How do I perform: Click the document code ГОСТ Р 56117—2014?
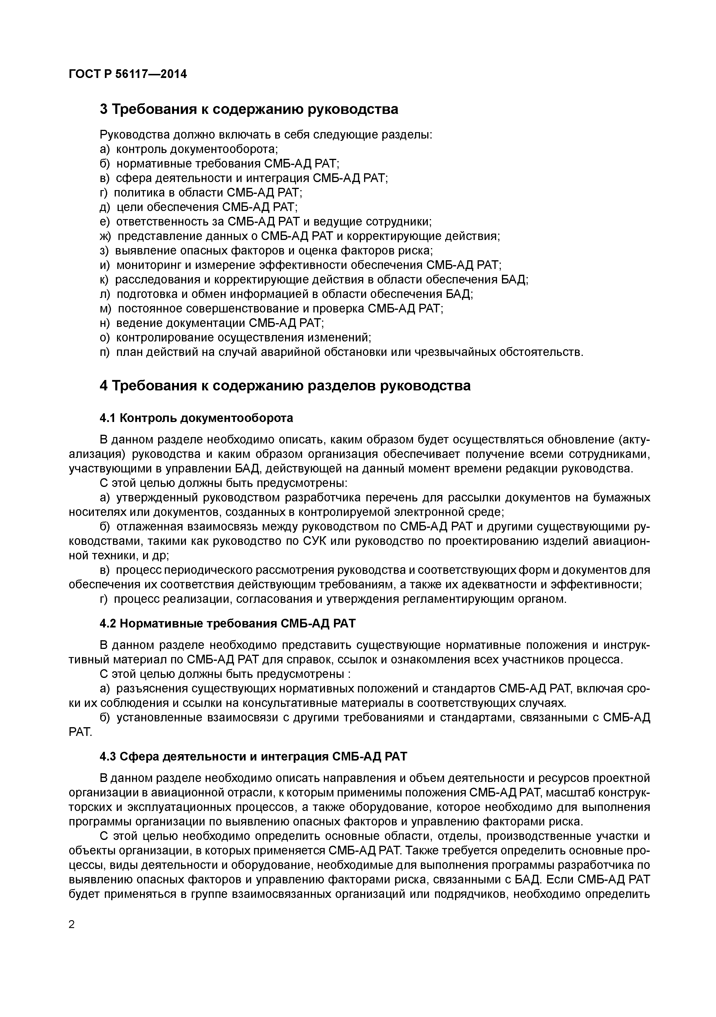(x=128, y=74)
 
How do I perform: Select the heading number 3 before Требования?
(x=104, y=109)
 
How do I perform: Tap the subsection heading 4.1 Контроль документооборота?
(x=196, y=418)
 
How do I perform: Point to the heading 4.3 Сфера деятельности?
(x=253, y=756)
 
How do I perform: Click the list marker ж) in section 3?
(x=106, y=236)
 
